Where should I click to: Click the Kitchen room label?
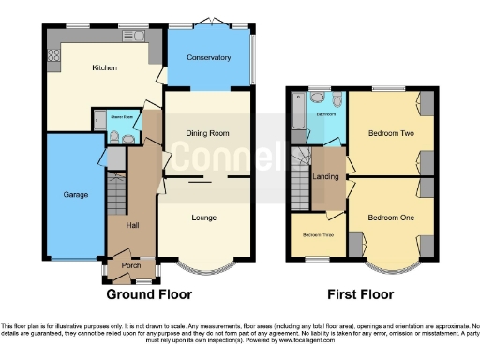104,68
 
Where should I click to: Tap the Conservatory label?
208,58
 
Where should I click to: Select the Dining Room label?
207,133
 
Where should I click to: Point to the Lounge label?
204,217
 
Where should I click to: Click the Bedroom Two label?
385,133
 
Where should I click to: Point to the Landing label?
326,175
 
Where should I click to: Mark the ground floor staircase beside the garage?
115,194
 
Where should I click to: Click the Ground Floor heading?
149,293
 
